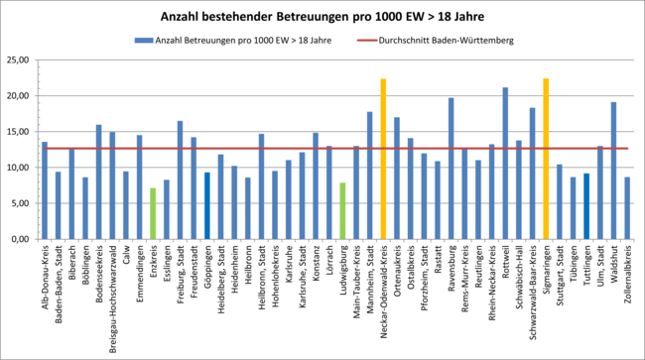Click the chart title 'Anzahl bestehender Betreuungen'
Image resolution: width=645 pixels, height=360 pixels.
tap(322, 17)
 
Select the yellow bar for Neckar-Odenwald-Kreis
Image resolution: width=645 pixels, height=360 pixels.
tap(383, 159)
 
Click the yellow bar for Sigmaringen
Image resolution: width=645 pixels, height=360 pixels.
tap(546, 159)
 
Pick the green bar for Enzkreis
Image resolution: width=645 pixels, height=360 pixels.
tap(153, 213)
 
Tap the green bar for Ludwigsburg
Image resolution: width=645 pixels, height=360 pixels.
tap(342, 211)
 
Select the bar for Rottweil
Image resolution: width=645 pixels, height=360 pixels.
tap(505, 164)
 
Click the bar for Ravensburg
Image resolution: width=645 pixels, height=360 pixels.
tap(451, 169)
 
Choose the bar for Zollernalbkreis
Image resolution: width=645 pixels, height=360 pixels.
tap(627, 208)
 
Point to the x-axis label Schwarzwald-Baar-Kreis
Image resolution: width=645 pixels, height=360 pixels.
tap(532, 289)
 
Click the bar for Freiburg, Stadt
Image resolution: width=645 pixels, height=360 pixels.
tap(180, 180)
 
